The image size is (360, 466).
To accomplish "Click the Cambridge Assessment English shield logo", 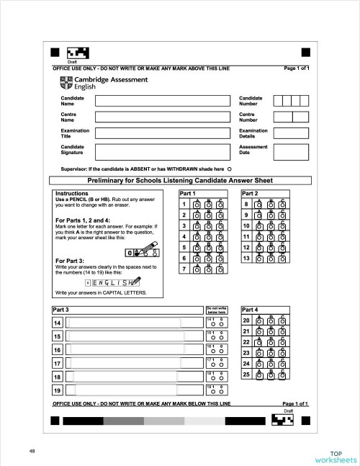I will click(x=68, y=82).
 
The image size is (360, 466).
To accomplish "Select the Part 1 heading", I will click(x=188, y=194).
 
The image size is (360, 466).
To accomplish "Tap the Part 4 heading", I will click(x=252, y=309).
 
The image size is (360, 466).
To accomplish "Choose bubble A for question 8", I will click(x=260, y=205).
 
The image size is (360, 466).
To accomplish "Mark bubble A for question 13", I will click(x=260, y=259).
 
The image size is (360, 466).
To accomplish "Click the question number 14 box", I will click(x=57, y=322).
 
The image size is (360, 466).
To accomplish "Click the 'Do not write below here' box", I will click(x=216, y=310).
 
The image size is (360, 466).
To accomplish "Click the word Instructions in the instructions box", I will click(x=72, y=194).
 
